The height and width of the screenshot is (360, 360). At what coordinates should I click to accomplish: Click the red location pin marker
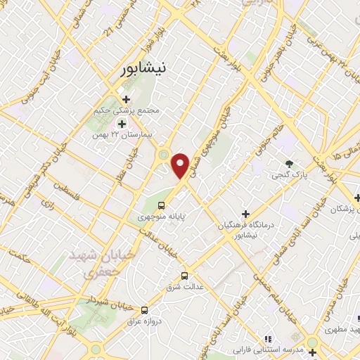click(180, 165)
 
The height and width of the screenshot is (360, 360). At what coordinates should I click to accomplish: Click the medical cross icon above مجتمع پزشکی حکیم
click(127, 100)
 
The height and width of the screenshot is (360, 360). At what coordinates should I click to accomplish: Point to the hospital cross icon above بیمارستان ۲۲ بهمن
click(121, 124)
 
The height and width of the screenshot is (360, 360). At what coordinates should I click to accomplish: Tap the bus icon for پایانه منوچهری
click(162, 206)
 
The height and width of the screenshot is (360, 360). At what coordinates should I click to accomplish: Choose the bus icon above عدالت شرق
click(185, 275)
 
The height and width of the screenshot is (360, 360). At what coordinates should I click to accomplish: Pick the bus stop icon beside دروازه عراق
click(145, 309)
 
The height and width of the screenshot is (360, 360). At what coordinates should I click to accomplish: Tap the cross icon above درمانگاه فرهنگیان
click(245, 213)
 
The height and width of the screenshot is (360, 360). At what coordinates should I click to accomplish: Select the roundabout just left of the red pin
click(164, 154)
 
